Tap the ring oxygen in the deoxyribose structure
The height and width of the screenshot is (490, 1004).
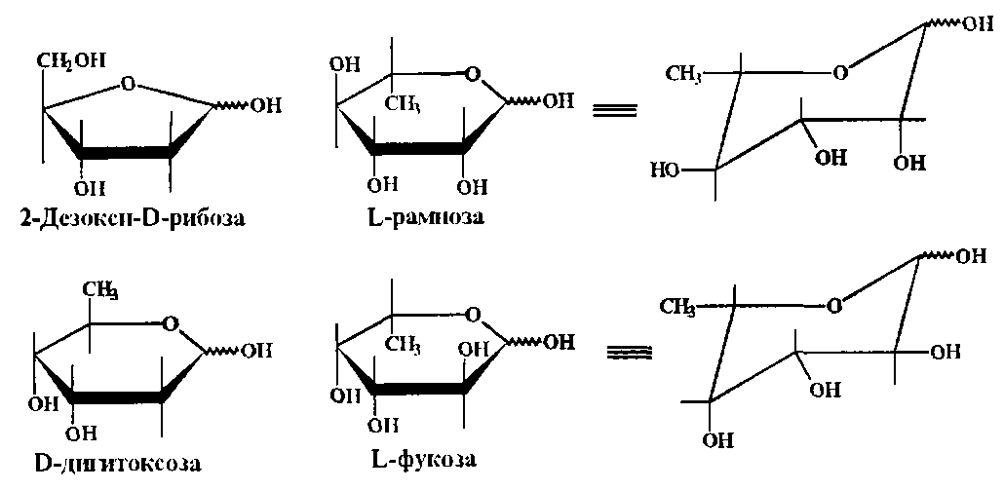point(128,85)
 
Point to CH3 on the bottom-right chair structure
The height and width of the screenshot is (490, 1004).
point(676,309)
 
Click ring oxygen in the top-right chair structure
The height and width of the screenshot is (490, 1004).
point(841,71)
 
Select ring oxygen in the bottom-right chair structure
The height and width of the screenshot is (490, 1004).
point(833,307)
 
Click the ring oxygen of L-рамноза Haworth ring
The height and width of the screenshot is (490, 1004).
point(473,74)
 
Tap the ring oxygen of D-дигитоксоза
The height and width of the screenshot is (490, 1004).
point(172,322)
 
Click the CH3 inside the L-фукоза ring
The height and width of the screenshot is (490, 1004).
point(407,345)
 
